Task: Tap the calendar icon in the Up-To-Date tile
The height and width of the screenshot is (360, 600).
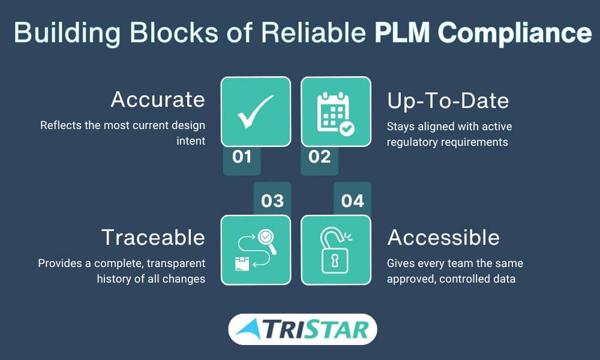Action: click(333, 112)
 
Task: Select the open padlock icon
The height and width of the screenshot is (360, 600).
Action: click(335, 250)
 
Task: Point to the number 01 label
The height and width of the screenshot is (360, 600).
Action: click(242, 157)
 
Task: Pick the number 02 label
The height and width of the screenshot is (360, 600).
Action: click(320, 157)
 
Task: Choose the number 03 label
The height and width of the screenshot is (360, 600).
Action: click(272, 201)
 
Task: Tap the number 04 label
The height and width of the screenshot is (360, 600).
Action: click(352, 201)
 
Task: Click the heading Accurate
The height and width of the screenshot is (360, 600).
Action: click(158, 100)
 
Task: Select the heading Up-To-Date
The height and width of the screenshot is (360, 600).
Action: click(448, 101)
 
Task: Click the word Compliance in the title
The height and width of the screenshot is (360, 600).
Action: click(515, 33)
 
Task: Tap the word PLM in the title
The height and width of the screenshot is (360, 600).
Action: click(402, 32)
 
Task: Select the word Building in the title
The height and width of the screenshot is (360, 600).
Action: click(67, 33)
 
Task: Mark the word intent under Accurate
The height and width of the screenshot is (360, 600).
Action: click(191, 141)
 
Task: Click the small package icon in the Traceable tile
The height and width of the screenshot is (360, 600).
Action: click(242, 264)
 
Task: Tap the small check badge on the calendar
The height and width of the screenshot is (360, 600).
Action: click(347, 128)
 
